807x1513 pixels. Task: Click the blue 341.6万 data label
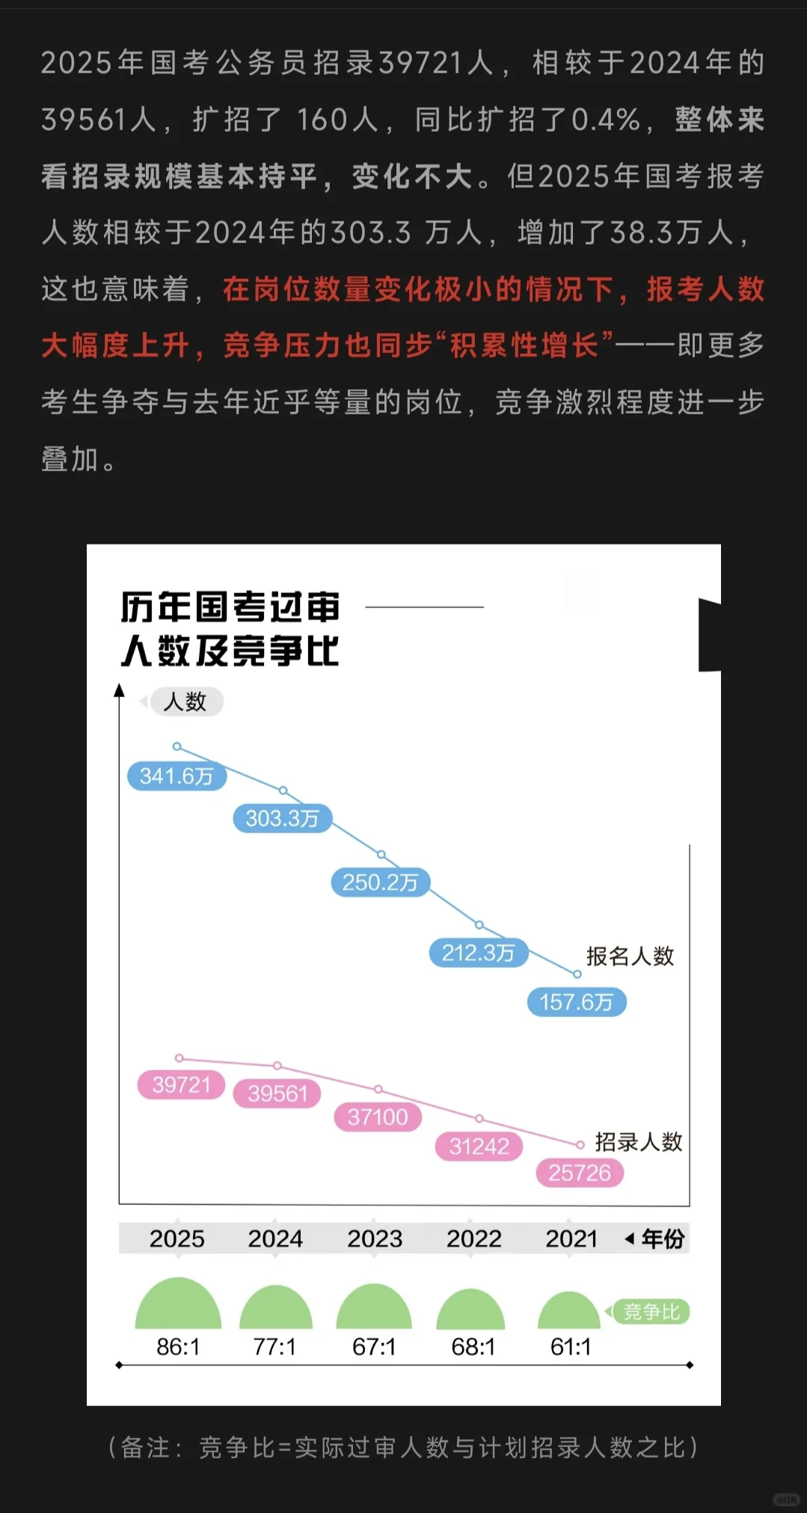click(177, 776)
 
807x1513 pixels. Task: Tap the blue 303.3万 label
click(282, 819)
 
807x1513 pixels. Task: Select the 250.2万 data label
click(380, 883)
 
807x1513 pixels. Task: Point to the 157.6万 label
click(576, 1002)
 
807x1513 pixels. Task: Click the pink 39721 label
click(181, 1084)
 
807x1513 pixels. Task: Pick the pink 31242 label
click(479, 1147)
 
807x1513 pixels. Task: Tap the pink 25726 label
click(580, 1173)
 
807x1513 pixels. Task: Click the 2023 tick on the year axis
click(375, 1239)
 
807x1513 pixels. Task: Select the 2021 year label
click(571, 1239)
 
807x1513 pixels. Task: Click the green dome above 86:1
click(178, 1306)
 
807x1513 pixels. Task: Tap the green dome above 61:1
click(569, 1312)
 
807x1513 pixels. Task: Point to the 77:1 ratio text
click(274, 1347)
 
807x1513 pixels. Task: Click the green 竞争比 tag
click(651, 1312)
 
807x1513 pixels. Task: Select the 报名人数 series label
click(630, 956)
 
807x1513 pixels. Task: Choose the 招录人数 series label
click(638, 1142)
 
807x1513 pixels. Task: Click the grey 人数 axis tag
click(185, 702)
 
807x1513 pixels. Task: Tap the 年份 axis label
click(663, 1239)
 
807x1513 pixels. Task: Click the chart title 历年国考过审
click(230, 607)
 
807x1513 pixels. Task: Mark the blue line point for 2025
click(177, 746)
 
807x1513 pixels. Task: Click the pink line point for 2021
click(580, 1145)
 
